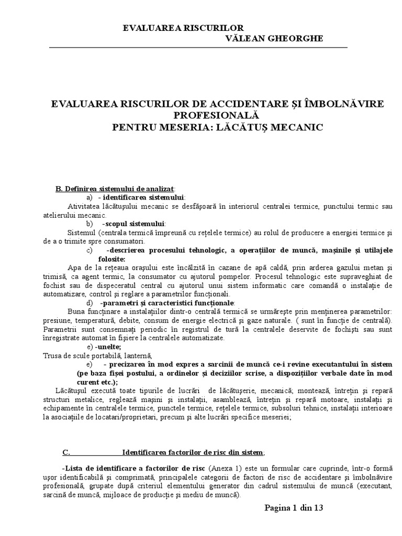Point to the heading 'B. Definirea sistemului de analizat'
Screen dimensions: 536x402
[x=116, y=188]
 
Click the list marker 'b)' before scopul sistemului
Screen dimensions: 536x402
[x=90, y=224]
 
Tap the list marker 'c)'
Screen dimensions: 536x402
[x=90, y=250]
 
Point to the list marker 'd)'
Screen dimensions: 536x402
[x=90, y=303]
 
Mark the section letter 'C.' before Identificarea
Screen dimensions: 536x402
[x=66, y=452]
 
